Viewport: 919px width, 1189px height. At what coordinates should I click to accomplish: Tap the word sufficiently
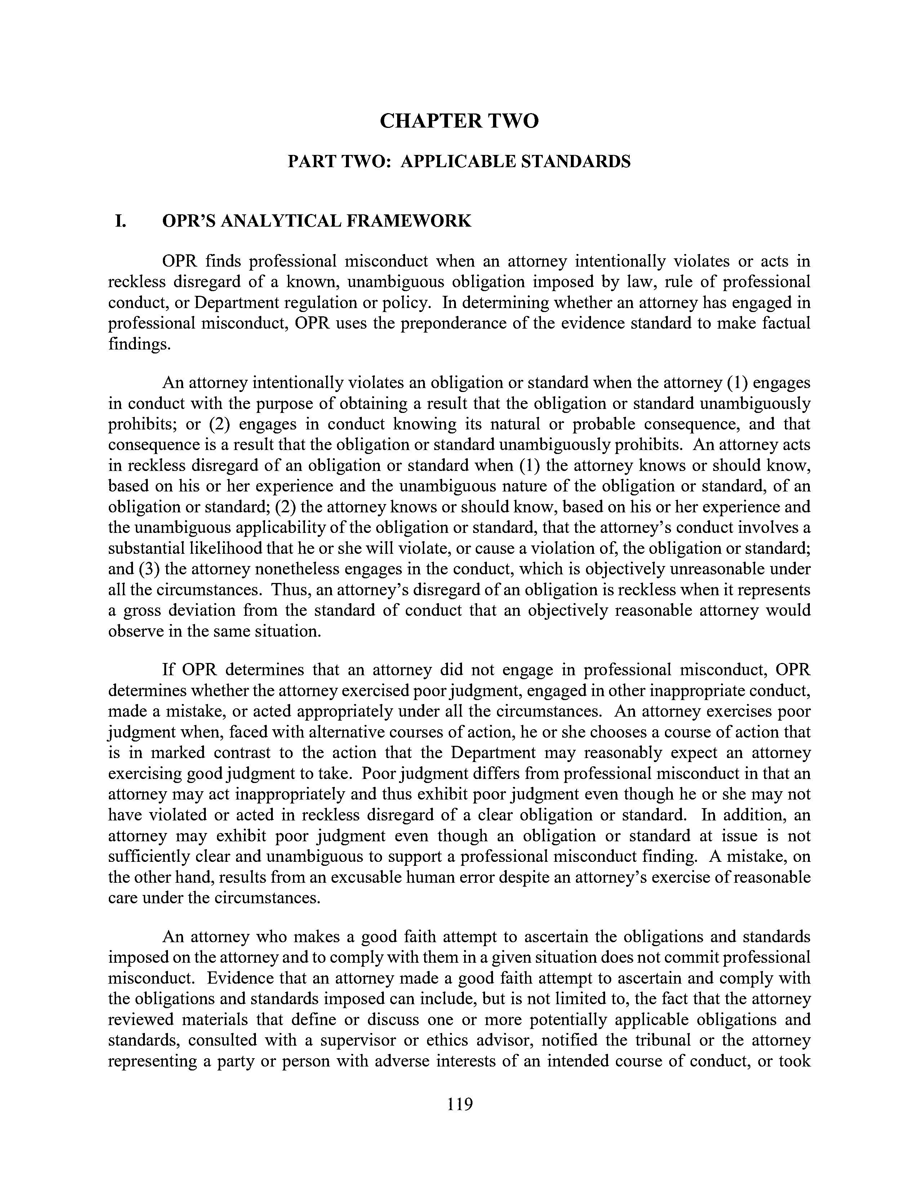(147, 857)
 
